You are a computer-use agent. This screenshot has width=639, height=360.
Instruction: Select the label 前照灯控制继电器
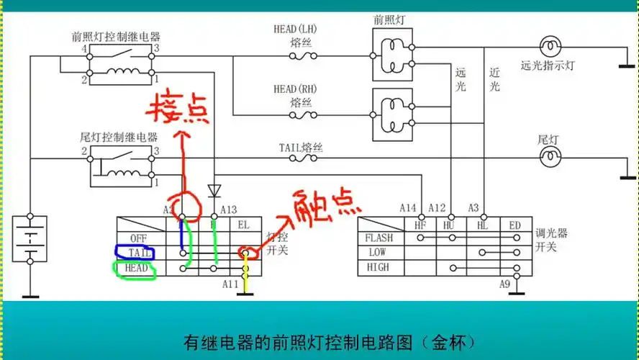point(116,36)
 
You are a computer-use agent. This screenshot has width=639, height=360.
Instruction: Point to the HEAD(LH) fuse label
point(295,35)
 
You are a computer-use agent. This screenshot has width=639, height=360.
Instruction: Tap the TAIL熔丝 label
point(301,148)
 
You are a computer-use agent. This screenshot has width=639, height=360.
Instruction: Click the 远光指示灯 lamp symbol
point(550,47)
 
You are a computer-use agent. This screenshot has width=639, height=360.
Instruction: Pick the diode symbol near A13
point(214,191)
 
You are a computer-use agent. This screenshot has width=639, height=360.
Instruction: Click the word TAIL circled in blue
point(140,253)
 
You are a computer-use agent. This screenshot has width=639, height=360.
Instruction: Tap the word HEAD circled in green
point(137,268)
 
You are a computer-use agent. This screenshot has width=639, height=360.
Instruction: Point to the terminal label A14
point(409,208)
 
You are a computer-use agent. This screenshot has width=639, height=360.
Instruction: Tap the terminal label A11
point(230,284)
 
